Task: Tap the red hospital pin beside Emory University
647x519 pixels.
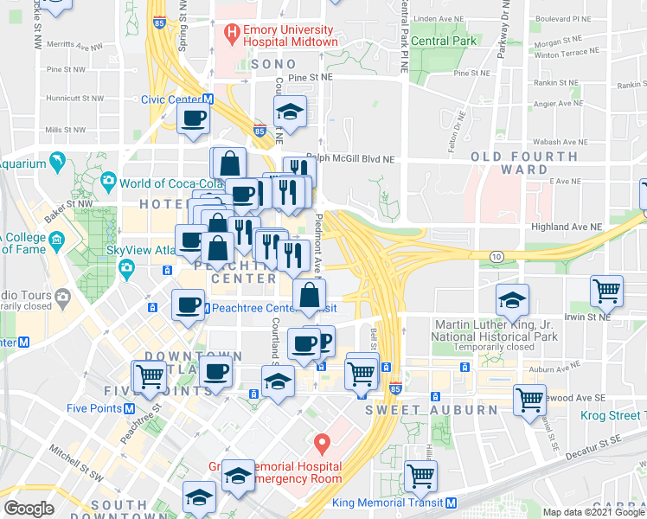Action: (x=231, y=34)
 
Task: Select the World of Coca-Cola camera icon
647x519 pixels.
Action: (x=108, y=183)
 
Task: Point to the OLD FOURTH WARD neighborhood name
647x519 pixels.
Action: (x=524, y=164)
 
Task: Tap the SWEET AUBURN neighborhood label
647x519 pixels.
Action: (x=420, y=409)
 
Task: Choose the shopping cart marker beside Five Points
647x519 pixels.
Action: (x=150, y=375)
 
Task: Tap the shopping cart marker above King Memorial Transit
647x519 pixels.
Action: (x=421, y=475)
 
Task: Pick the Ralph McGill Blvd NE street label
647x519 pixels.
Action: (x=350, y=159)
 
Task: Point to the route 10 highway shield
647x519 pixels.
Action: (x=496, y=257)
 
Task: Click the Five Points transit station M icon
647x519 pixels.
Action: (x=128, y=408)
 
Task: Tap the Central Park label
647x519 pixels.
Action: (x=444, y=41)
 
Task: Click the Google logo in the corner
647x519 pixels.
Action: (x=28, y=509)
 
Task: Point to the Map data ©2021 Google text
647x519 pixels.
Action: (x=593, y=512)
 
